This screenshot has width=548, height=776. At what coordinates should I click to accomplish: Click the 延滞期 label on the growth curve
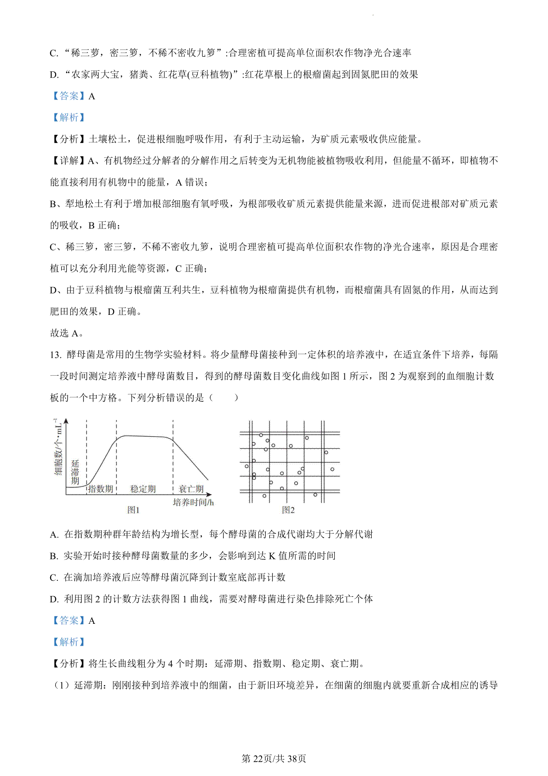click(75, 472)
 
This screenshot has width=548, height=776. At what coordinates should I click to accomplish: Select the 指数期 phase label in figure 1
click(100, 489)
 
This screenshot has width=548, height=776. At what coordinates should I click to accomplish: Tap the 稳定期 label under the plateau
click(143, 489)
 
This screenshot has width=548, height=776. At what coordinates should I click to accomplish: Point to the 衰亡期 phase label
click(191, 489)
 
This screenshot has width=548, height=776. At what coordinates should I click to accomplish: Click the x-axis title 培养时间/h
click(193, 502)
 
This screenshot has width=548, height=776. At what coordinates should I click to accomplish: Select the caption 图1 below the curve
click(133, 510)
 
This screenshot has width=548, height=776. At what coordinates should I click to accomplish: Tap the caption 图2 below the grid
click(288, 510)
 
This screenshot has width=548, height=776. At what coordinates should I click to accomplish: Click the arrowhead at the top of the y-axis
click(67, 421)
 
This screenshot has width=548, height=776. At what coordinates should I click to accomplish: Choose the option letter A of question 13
click(54, 534)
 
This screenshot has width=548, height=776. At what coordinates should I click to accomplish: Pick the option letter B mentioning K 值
click(54, 556)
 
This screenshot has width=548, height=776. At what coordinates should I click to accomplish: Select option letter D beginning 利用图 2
click(54, 599)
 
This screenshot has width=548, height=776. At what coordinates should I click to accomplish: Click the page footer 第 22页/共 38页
click(274, 759)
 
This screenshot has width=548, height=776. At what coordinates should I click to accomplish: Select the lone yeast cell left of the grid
click(247, 466)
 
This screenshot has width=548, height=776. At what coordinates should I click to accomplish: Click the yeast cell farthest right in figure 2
click(332, 469)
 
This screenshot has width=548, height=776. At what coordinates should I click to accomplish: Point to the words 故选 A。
click(67, 333)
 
